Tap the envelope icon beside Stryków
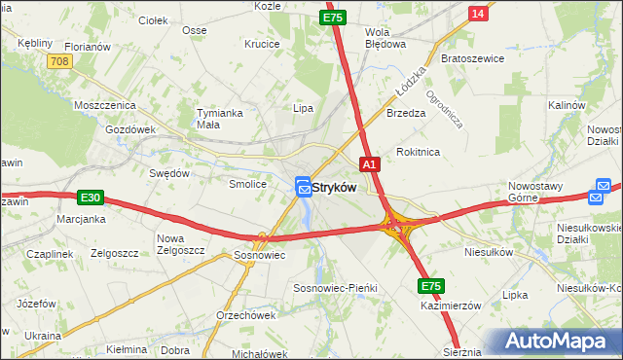(303, 186)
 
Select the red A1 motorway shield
(370, 164)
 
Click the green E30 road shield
(91, 198)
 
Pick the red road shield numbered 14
(477, 13)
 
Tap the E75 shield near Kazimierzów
(432, 286)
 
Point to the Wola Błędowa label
(384, 37)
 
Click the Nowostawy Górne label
(537, 191)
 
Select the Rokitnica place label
(419, 152)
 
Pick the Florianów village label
(88, 46)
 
